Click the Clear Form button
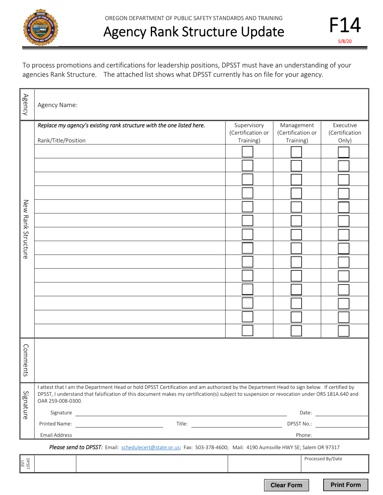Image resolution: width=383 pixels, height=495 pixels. (286, 485)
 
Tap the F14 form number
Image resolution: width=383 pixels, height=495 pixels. (345, 25)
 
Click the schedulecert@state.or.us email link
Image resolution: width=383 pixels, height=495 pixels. (150, 447)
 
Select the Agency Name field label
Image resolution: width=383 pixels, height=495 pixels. (57, 105)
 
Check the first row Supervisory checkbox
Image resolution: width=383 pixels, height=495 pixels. (248, 152)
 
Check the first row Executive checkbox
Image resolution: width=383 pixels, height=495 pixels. (343, 152)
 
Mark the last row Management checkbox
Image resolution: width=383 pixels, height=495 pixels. (296, 331)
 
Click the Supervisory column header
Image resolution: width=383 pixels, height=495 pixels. (249, 133)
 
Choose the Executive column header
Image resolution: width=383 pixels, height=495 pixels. (345, 133)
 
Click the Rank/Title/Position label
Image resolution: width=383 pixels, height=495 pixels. (61, 140)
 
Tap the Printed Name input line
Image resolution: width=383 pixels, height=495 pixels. (119, 424)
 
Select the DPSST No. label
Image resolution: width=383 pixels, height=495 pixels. (299, 424)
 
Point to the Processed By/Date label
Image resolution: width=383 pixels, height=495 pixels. (323, 458)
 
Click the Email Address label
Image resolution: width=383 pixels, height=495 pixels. (56, 435)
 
